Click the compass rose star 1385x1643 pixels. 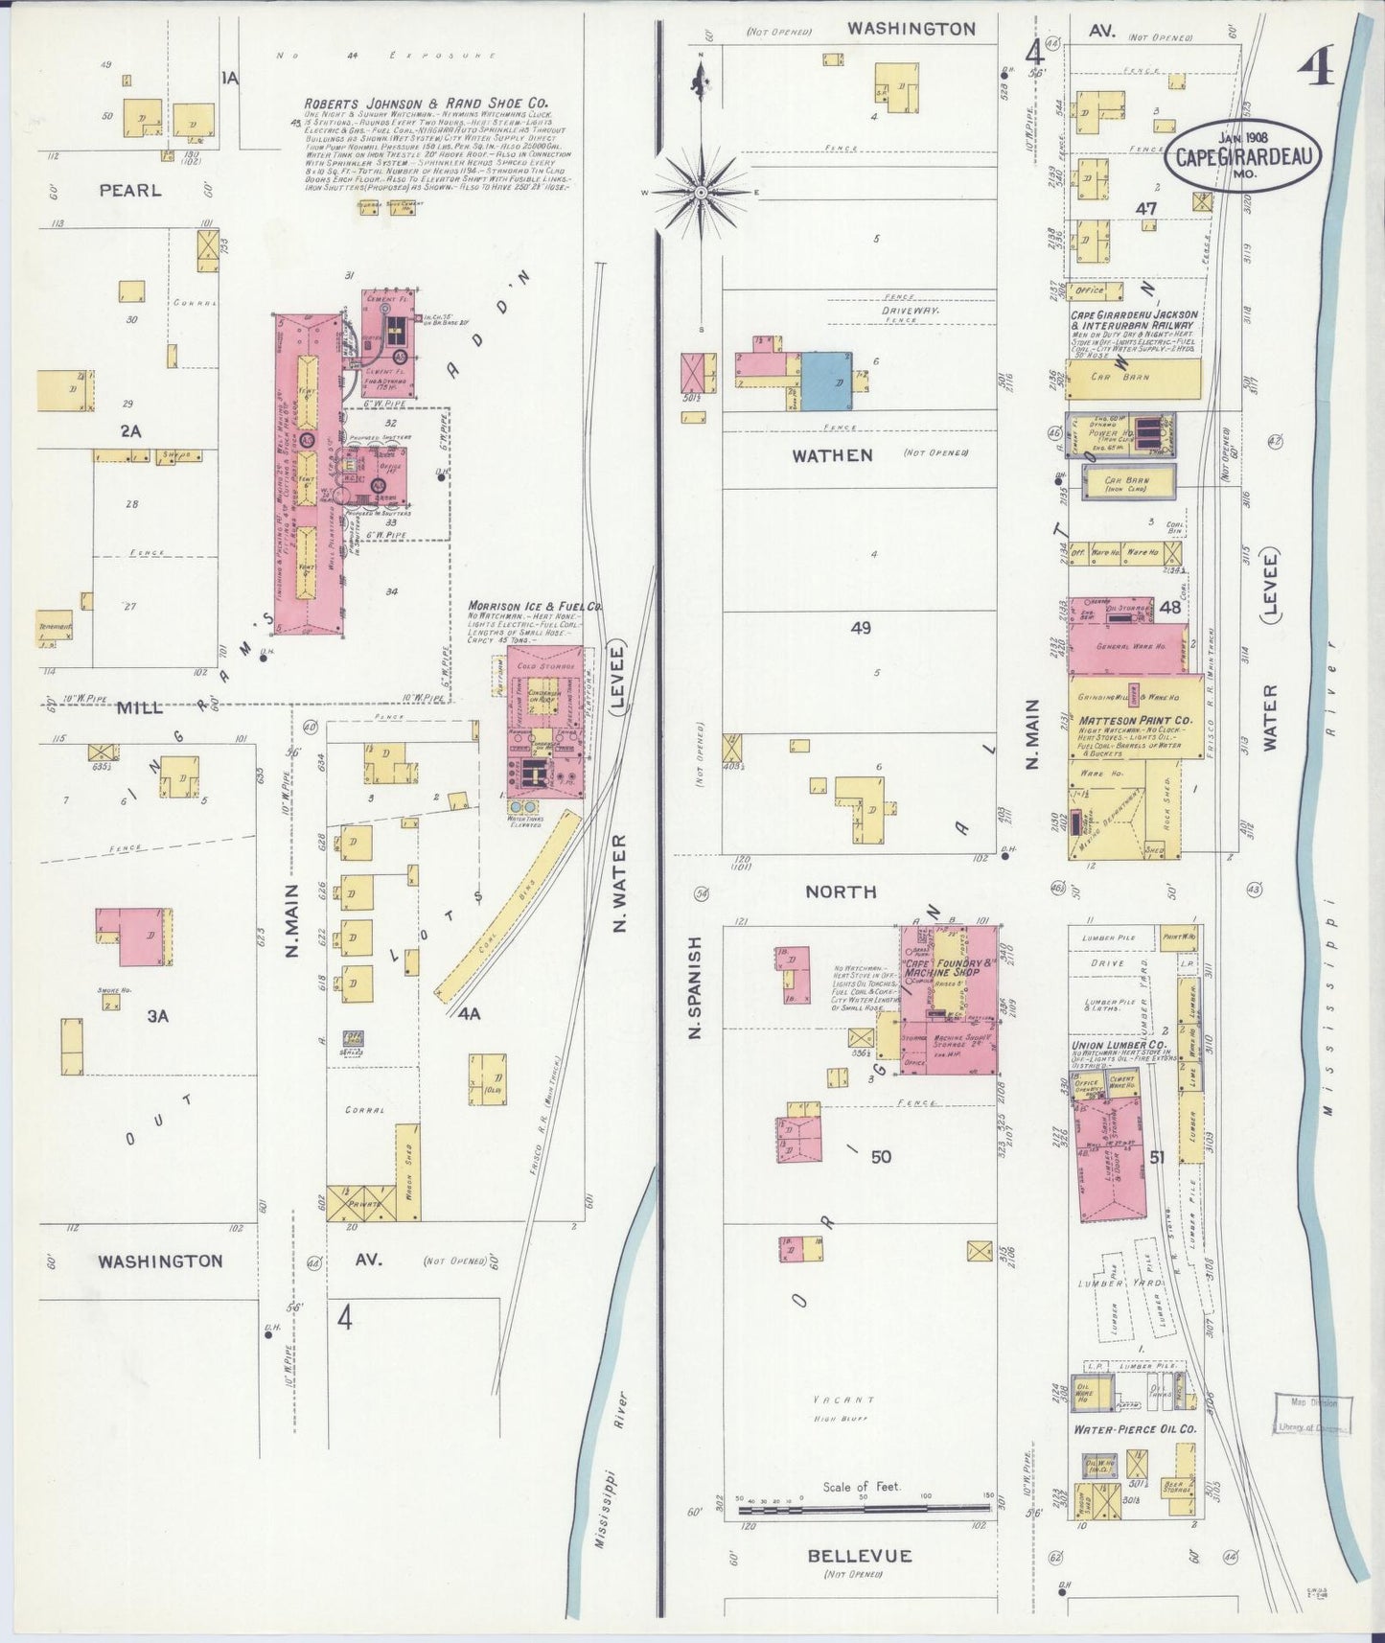tap(701, 192)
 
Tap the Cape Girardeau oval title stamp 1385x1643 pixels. tap(1243, 156)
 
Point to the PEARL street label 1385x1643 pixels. tap(130, 191)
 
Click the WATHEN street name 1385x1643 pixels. tap(832, 455)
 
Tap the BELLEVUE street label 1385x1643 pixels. tap(859, 1556)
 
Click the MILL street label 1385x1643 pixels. tap(140, 708)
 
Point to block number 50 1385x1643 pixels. tap(880, 1157)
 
